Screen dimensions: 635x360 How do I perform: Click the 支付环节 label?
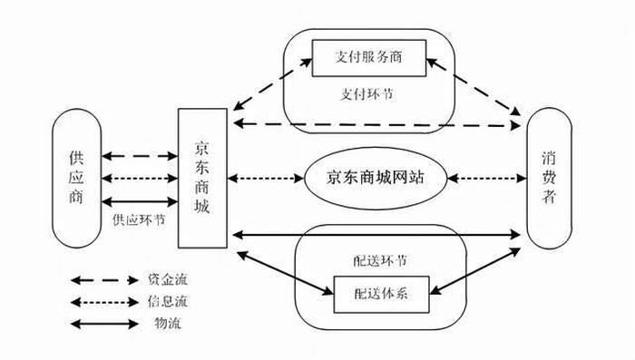pos(366,94)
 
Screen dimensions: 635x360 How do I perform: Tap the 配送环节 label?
pos(380,261)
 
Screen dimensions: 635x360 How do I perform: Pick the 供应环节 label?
pos(139,219)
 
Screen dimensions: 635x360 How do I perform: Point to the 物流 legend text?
pos(167,323)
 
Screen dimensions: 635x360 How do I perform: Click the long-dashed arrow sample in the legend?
pos(104,280)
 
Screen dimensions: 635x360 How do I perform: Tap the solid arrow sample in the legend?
pos(104,324)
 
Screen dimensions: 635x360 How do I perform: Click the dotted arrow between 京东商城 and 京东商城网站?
pos(266,178)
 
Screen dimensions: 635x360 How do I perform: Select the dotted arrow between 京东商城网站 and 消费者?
pos(487,178)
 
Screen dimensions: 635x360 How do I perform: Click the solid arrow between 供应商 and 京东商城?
pos(140,201)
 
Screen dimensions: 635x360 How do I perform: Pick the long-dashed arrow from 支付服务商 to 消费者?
pos(474,87)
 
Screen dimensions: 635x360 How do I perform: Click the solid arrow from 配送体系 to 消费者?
pos(475,271)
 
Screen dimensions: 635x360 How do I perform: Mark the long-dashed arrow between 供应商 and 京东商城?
pos(140,156)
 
